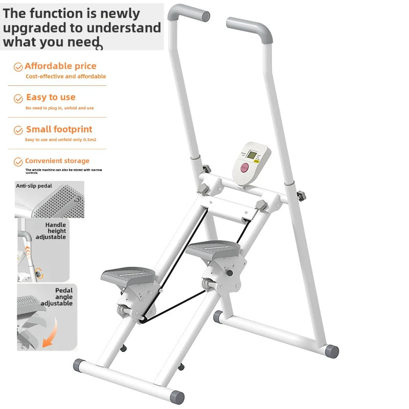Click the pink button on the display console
(x=245, y=168)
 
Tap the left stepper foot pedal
(x=128, y=277)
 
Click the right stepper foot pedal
(x=212, y=249)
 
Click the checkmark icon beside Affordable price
(x=18, y=67)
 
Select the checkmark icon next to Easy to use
(x=18, y=98)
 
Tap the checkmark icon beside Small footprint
(x=18, y=130)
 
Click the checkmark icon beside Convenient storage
(x=18, y=162)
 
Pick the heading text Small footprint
(x=59, y=129)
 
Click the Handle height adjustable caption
(x=55, y=231)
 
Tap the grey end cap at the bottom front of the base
(x=177, y=397)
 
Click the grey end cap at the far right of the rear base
(x=332, y=351)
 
